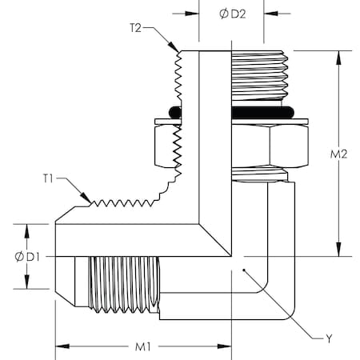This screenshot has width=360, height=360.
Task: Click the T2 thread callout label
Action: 137,27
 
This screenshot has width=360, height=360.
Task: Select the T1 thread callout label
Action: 50,178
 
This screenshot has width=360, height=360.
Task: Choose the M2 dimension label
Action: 342,154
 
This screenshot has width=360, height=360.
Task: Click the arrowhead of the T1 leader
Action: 91,200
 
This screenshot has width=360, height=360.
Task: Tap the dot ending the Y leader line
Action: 242,272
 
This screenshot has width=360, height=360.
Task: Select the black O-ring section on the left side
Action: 176,110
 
